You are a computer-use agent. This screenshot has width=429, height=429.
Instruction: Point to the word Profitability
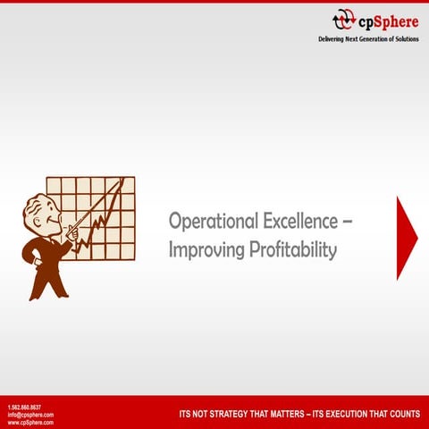click(x=292, y=250)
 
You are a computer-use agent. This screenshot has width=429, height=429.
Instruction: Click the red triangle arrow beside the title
click(x=406, y=238)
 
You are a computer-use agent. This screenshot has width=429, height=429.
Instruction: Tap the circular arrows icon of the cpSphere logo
click(x=344, y=21)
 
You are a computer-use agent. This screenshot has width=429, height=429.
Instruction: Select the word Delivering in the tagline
click(x=334, y=40)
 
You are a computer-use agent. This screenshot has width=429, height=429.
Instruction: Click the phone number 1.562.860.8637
click(x=24, y=408)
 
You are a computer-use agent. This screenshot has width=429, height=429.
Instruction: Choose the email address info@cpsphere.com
click(x=29, y=415)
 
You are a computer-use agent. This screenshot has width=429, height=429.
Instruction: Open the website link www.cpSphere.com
click(x=29, y=422)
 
